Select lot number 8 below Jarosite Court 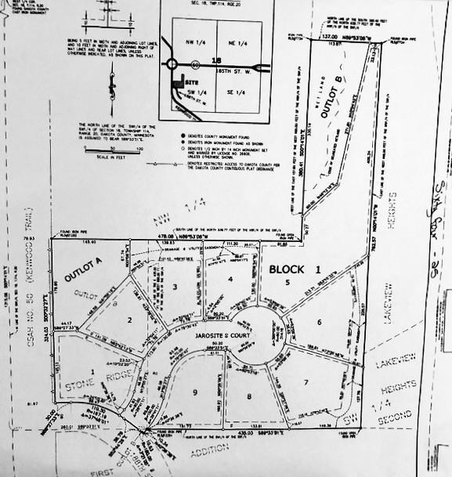(249, 397)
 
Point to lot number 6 (319, 321)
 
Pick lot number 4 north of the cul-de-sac (231, 280)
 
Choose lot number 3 (176, 288)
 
